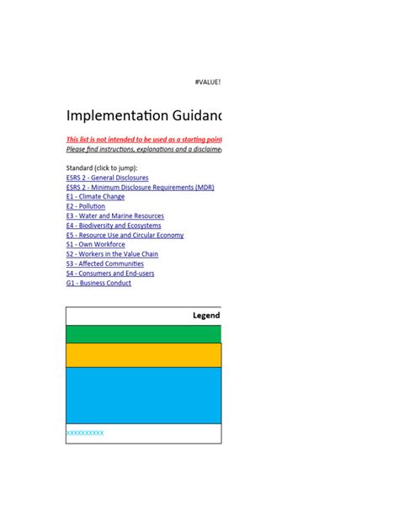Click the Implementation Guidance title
pos(144,116)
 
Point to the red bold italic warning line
pos(144,139)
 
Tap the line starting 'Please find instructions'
pos(144,149)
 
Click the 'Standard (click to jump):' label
pos(101,168)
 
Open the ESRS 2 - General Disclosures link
pos(107,178)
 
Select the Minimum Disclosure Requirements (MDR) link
pos(140,188)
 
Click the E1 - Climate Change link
pos(95,197)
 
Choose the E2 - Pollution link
pos(86,206)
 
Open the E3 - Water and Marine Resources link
pos(114,216)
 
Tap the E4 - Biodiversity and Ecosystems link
pos(113,226)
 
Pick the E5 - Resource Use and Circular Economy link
pos(125,236)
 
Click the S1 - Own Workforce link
pos(95,245)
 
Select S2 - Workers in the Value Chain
pos(112,254)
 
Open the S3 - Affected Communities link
pos(104,263)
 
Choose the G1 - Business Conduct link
pos(98,283)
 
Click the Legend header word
pos(206,316)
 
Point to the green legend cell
pos(143,334)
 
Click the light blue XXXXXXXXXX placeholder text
pos(85,433)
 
